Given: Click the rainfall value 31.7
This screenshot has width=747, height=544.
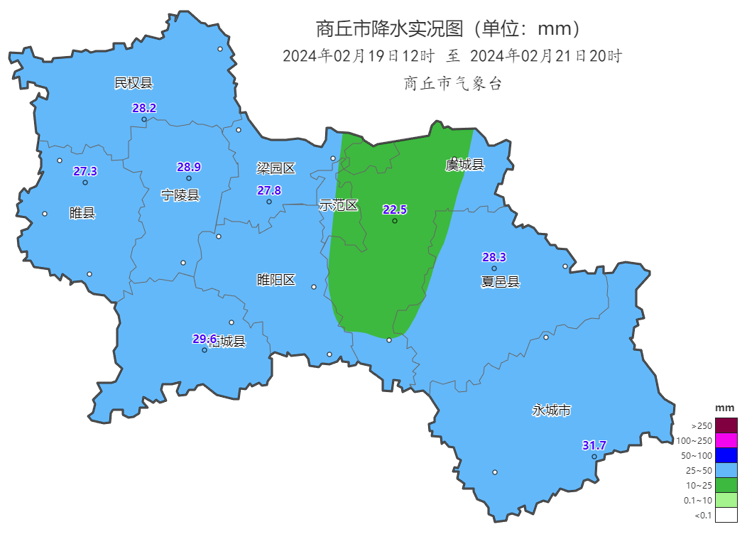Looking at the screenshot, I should [594, 445].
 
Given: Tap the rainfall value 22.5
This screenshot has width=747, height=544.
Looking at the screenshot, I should [395, 210].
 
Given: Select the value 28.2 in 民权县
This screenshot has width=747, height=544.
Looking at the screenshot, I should [144, 108].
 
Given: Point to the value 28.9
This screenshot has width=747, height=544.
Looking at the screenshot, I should [189, 167].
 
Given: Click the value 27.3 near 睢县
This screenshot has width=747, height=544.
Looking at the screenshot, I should [85, 171].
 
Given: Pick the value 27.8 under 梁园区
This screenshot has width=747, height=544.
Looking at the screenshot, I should [269, 190].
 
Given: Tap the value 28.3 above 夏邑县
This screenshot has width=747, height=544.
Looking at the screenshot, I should [494, 257].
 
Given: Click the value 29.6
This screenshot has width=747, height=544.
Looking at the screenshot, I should [204, 339].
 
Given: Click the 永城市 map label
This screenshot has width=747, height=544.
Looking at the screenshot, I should [552, 410].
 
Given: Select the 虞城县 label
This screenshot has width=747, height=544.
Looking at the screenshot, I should [464, 165].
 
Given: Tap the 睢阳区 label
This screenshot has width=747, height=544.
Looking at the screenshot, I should [276, 280].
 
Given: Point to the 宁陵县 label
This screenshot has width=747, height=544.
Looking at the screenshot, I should [180, 195].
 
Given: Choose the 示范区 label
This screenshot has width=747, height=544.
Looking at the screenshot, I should [339, 205].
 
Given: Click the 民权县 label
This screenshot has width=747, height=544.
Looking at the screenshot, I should [133, 83].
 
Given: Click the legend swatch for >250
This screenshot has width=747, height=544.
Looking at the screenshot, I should [726, 425].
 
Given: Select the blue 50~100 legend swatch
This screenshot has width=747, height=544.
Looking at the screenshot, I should [726, 455].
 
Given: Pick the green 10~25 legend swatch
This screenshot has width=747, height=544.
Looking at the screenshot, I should [726, 485].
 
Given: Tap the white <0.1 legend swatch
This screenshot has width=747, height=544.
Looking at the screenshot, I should [726, 515].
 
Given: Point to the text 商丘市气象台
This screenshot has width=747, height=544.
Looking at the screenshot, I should [452, 83].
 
